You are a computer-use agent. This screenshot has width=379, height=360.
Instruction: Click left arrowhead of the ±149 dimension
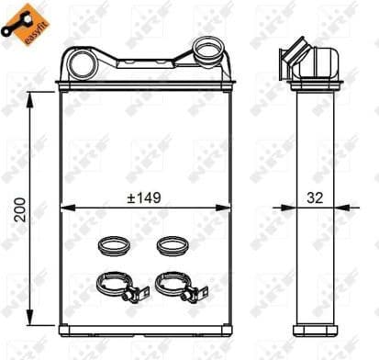pyautogui.click(x=66, y=209)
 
